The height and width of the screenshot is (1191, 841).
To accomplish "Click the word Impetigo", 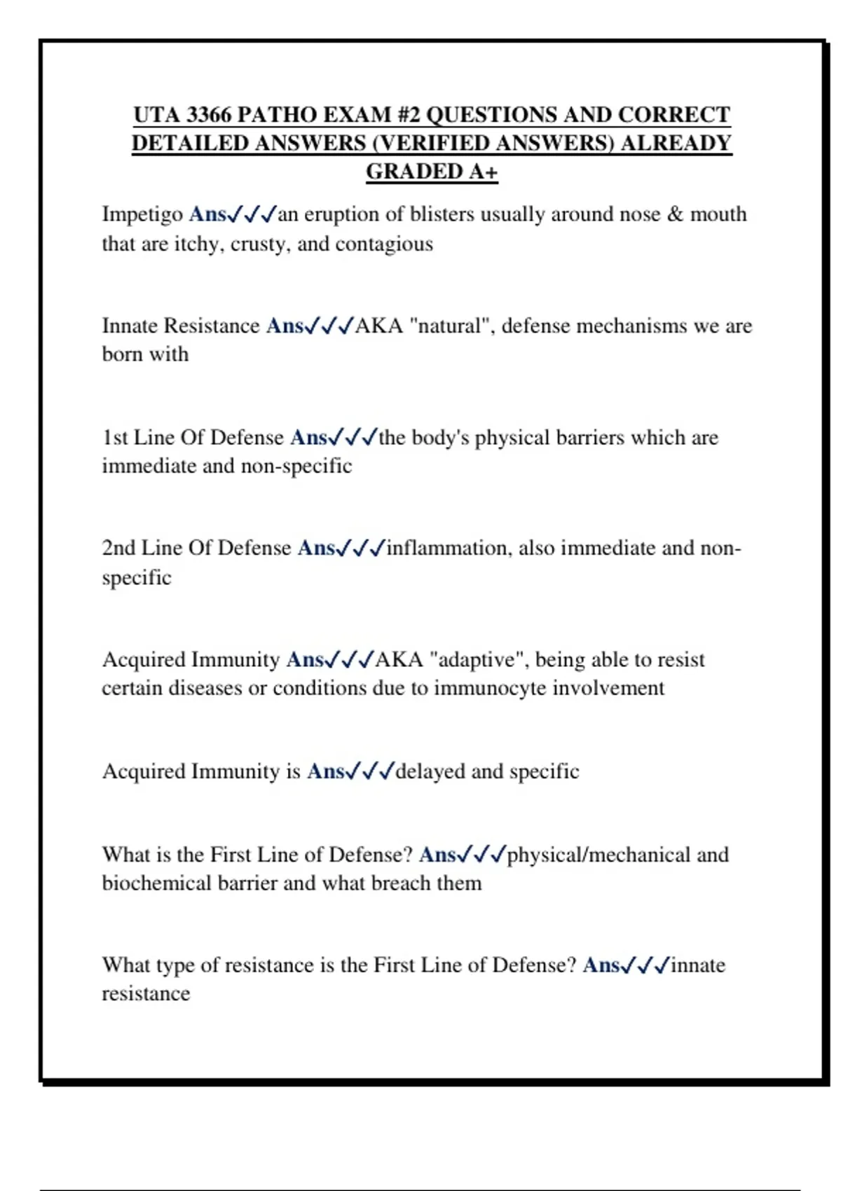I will click(x=142, y=214).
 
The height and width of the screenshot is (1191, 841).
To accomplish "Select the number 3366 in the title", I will click(x=209, y=115).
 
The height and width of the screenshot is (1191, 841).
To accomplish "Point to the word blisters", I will click(x=442, y=214).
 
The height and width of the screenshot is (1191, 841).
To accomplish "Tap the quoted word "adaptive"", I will click(x=478, y=660).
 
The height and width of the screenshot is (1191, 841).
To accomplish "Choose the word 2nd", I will click(x=118, y=548).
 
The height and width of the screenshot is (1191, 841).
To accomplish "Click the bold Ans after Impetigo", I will click(x=207, y=214).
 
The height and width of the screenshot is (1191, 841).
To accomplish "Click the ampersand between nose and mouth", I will click(x=675, y=214).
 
